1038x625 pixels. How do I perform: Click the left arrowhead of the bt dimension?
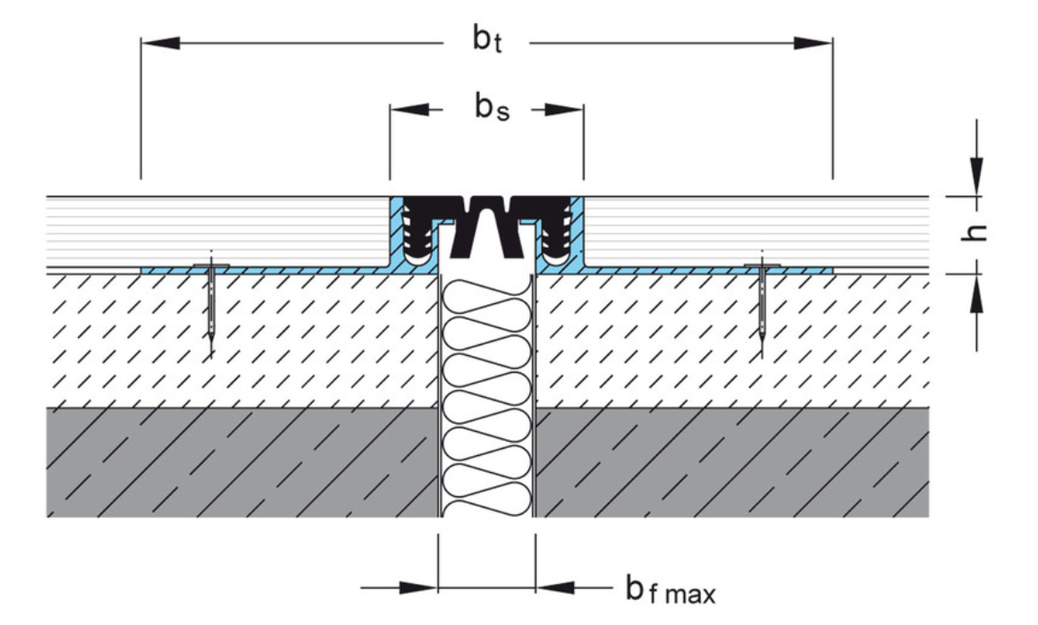pyautogui.click(x=161, y=42)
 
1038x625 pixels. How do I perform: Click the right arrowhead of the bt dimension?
pyautogui.click(x=813, y=42)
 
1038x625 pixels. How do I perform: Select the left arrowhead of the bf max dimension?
pyautogui.click(x=418, y=588)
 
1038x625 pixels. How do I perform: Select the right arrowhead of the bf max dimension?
pyautogui.click(x=555, y=588)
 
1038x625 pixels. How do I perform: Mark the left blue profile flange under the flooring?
pyautogui.click(x=268, y=269)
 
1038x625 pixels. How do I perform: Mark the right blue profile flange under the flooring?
pyautogui.click(x=706, y=269)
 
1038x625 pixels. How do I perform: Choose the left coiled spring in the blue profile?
pyautogui.click(x=415, y=235)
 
